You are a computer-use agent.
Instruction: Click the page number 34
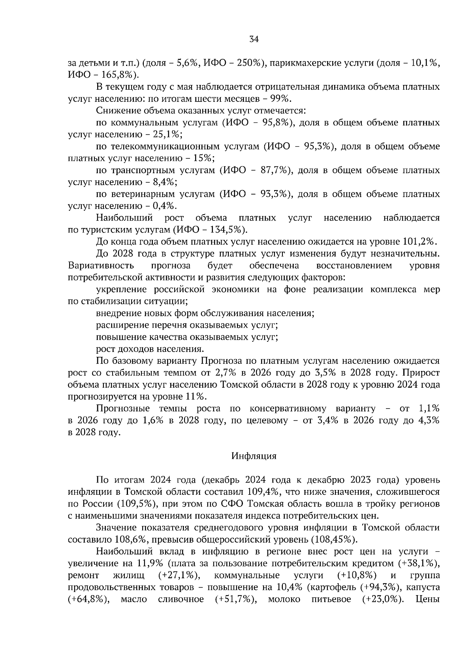[x=254, y=39]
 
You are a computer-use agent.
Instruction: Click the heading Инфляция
[x=254, y=456]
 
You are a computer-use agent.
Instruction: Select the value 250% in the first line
[x=247, y=63]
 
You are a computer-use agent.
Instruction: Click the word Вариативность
[x=101, y=266]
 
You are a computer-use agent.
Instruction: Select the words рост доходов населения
[x=150, y=349]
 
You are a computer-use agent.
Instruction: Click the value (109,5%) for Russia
[x=134, y=504]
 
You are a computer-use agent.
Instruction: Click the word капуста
[x=423, y=587]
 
